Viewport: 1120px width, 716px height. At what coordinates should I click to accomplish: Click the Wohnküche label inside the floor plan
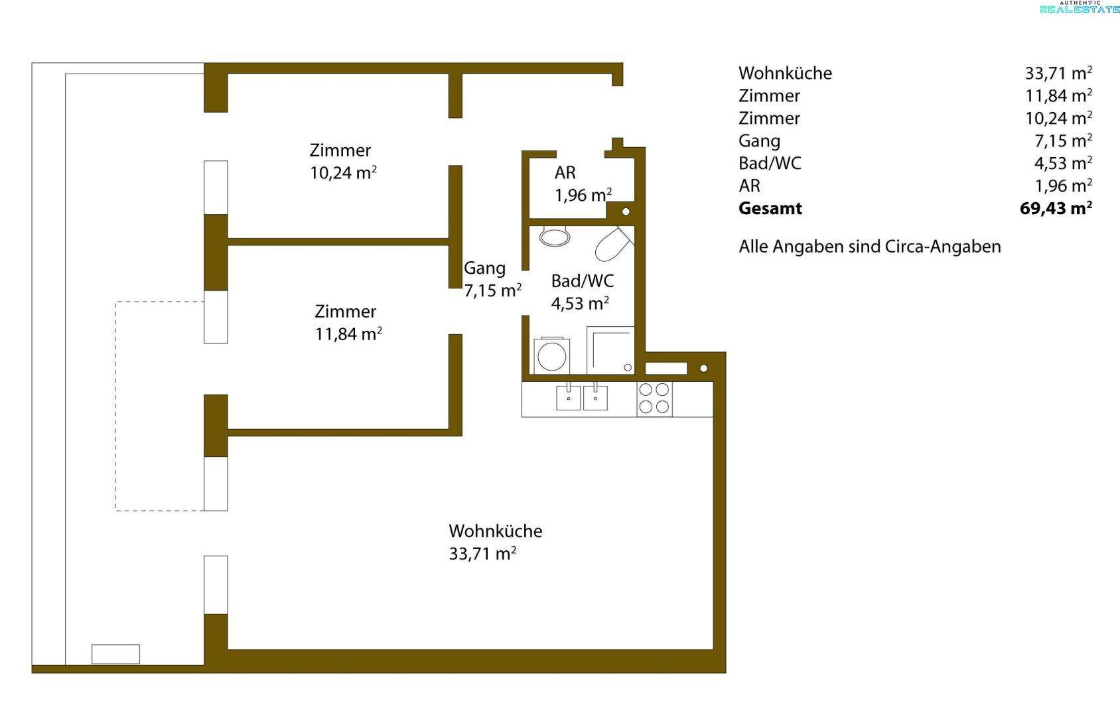point(495,530)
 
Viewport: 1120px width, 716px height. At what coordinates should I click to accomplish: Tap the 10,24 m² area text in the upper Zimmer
point(343,173)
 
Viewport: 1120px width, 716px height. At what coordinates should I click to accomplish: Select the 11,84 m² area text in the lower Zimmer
point(348,333)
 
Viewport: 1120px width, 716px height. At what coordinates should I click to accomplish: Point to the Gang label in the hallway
point(484,268)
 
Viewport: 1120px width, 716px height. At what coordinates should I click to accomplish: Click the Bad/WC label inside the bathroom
point(583,281)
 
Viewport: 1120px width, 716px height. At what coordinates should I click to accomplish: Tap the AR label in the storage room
point(565,173)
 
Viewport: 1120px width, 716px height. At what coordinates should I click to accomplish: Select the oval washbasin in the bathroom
point(555,236)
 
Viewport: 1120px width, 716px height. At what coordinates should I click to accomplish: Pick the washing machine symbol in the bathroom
point(551,355)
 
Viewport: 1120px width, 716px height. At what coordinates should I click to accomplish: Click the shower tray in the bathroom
point(610,350)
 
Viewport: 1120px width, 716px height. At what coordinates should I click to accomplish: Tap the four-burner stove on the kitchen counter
point(654,398)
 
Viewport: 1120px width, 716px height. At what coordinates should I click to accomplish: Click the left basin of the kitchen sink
point(569,397)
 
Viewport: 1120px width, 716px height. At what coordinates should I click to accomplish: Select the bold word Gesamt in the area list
point(770,208)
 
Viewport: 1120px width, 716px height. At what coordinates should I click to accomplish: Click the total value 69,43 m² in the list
point(1056,208)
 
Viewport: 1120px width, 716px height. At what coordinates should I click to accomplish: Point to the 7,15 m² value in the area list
point(1063,141)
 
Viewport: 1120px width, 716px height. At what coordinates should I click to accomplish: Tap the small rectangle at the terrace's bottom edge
point(115,654)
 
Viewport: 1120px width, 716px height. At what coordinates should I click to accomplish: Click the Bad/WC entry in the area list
point(770,163)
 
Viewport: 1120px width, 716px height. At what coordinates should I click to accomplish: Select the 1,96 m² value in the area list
point(1063,186)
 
